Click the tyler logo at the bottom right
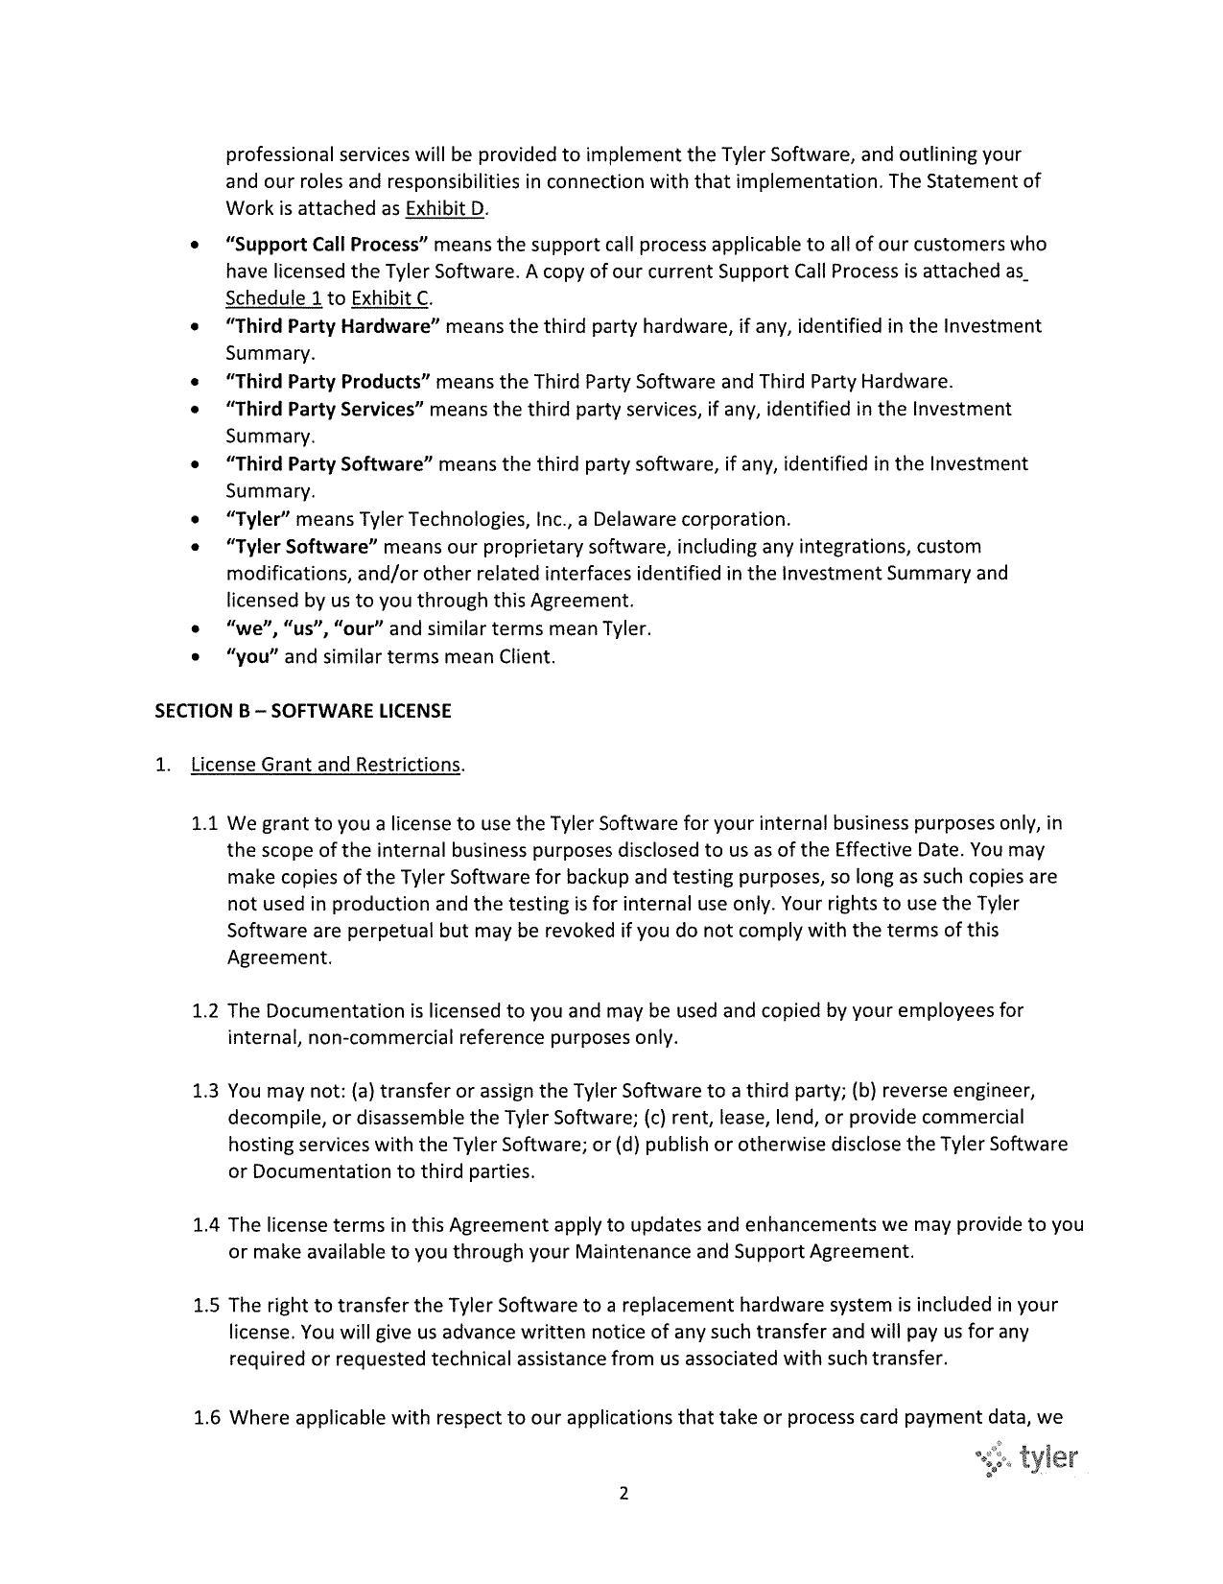tap(1028, 1459)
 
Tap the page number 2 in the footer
tap(623, 1493)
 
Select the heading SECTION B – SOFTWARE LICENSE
tap(302, 711)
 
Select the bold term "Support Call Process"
tap(326, 244)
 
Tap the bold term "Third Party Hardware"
tap(332, 326)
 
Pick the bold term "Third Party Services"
tap(324, 410)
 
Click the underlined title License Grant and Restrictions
tap(326, 765)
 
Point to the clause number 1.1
tap(205, 824)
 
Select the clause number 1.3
tap(205, 1091)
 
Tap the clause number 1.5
tap(206, 1305)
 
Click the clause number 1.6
tap(207, 1418)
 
